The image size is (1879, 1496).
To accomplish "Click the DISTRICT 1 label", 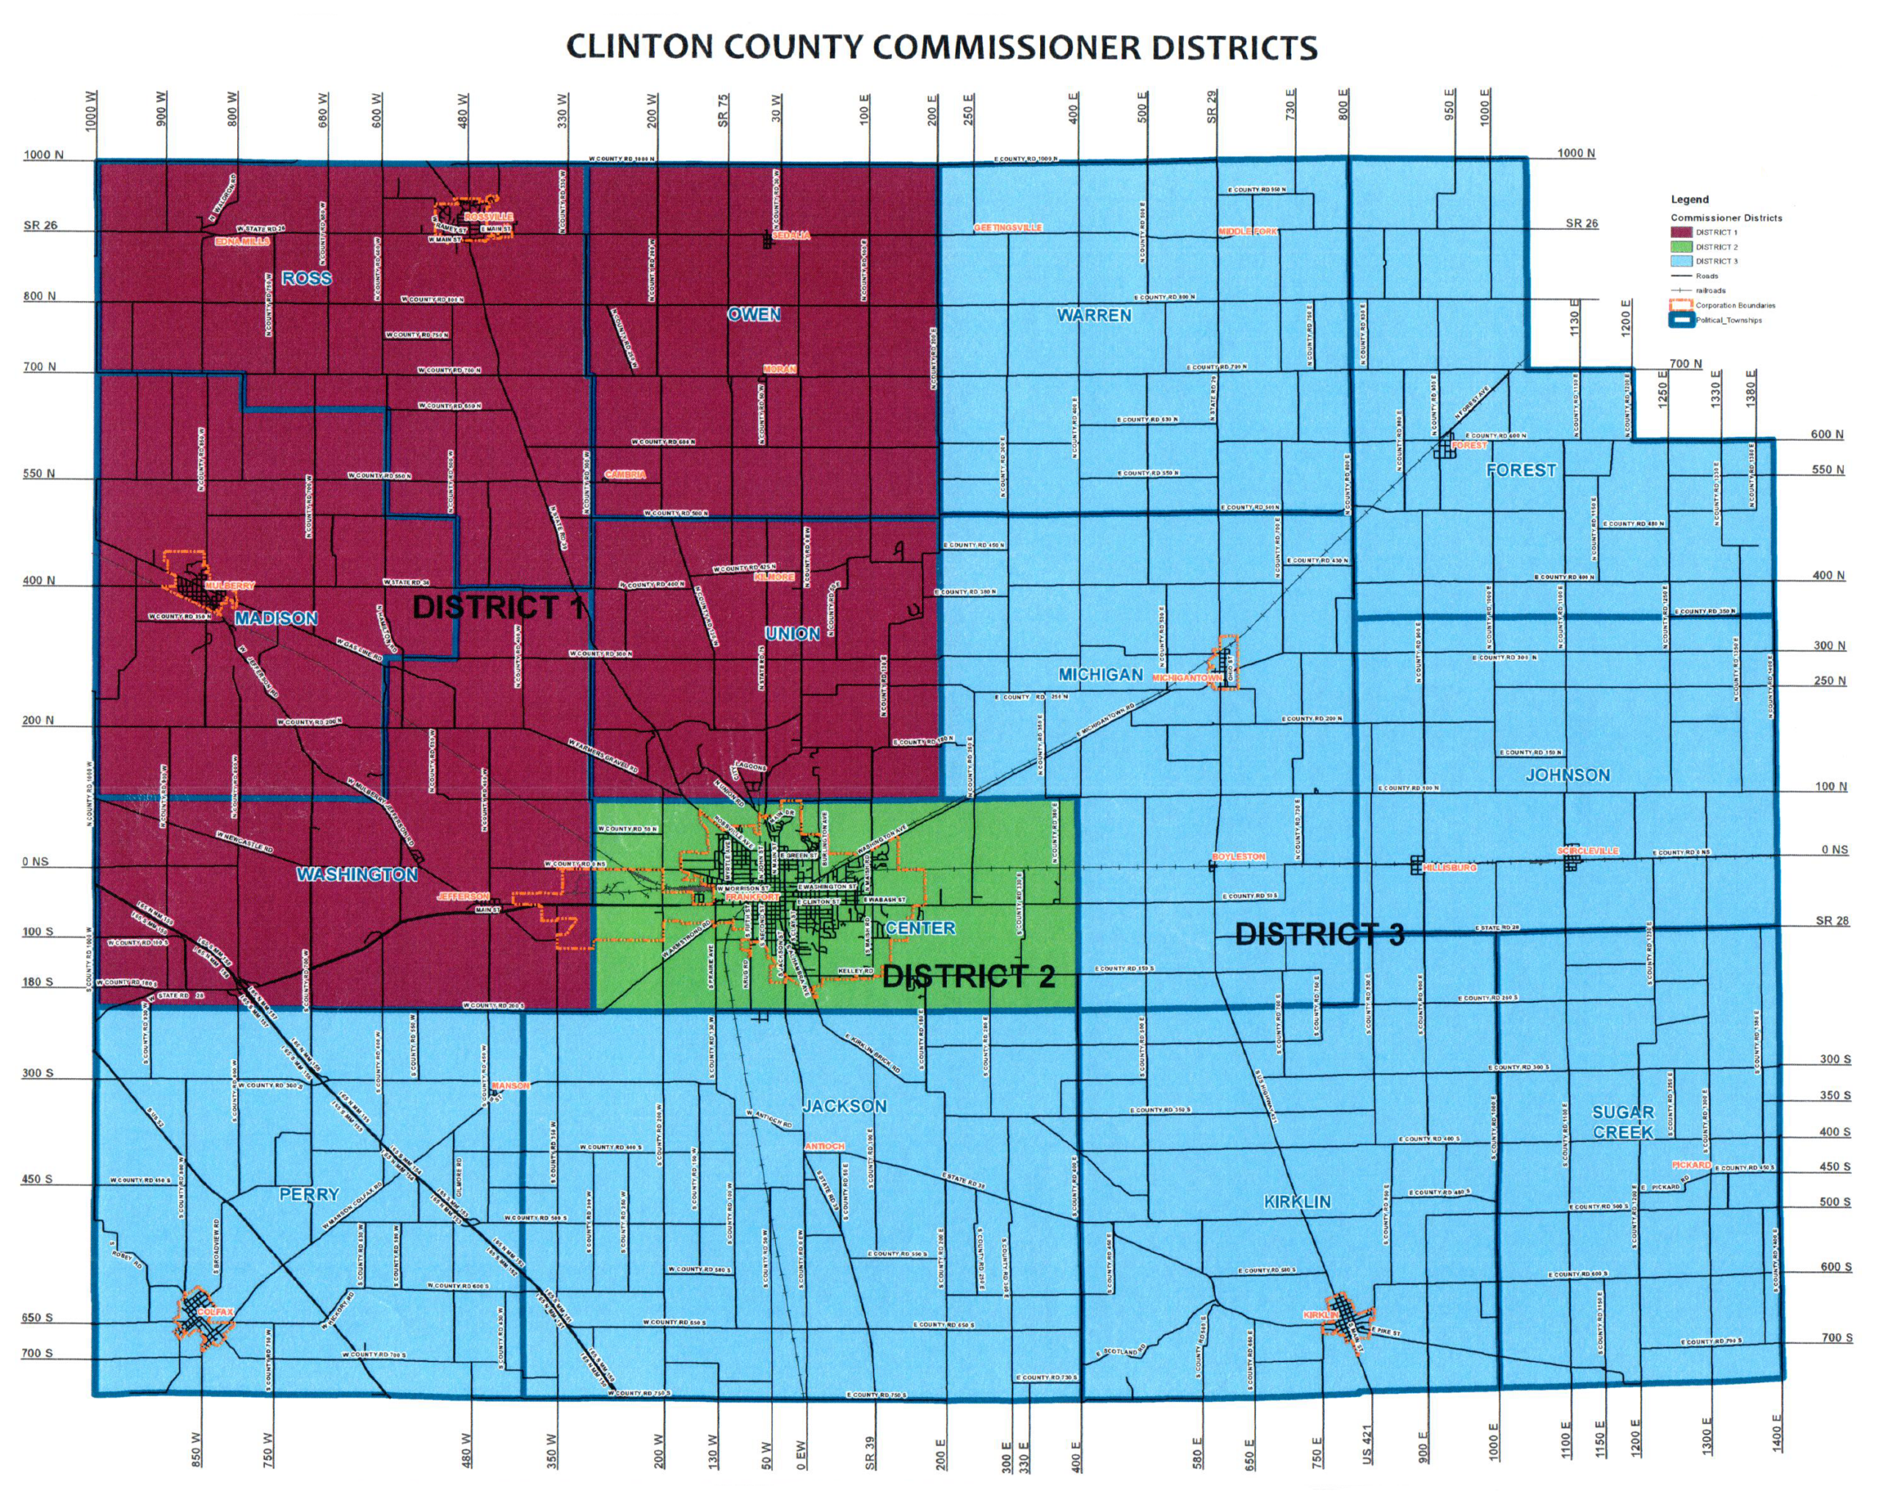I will (498, 607).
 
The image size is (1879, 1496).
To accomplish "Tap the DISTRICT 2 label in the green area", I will (968, 977).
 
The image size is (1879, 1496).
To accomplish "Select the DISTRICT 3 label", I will (1320, 935).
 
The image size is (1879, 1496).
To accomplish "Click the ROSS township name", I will (306, 278).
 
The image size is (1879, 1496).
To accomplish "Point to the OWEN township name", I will (754, 314).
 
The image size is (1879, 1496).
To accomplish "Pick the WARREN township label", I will (1094, 315).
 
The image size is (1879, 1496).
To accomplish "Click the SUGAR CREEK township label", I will (1623, 1122).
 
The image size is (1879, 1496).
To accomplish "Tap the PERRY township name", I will (308, 1194).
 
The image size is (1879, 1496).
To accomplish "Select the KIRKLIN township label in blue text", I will (1297, 1202).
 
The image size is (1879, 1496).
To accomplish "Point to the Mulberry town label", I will (229, 586).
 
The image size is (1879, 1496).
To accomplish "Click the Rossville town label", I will (488, 216).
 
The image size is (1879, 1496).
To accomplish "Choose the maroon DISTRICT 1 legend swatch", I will (1681, 233).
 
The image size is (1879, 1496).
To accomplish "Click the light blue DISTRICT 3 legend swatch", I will (1681, 261).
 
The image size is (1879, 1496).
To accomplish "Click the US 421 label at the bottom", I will (1367, 1444).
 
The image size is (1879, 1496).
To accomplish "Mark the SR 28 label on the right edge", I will (1831, 921).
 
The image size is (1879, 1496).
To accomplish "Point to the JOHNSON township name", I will (1567, 775).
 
